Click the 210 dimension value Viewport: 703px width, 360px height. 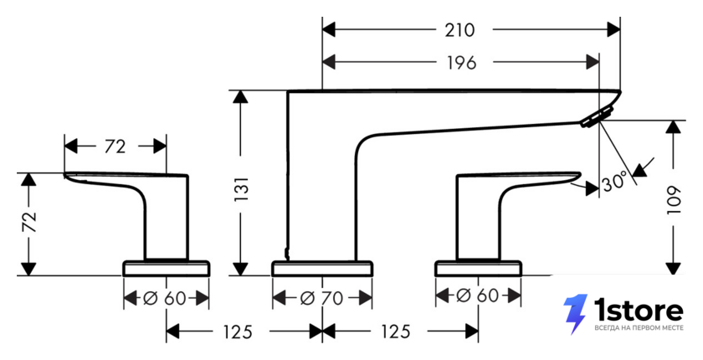(x=459, y=30)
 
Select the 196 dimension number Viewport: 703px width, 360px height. (x=461, y=64)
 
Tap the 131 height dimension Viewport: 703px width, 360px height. (x=241, y=188)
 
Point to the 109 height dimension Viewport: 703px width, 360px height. (x=674, y=200)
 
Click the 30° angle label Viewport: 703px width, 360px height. (x=614, y=183)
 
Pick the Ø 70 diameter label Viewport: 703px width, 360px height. (x=321, y=298)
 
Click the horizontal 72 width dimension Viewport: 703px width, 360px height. (x=115, y=147)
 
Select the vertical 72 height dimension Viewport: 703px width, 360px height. (x=29, y=223)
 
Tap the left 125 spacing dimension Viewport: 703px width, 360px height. (x=238, y=332)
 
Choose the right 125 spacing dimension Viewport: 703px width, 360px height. (x=395, y=332)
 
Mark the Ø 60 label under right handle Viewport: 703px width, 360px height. (x=477, y=296)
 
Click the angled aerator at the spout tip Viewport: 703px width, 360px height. (x=598, y=116)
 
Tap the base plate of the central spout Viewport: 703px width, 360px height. (x=322, y=268)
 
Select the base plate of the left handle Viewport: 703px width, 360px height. (x=167, y=268)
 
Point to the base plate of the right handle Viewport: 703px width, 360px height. (x=479, y=268)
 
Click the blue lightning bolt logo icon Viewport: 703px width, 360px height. (x=575, y=314)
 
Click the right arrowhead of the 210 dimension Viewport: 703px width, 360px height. (x=613, y=30)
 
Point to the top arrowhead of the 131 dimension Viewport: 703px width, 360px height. (x=241, y=97)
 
